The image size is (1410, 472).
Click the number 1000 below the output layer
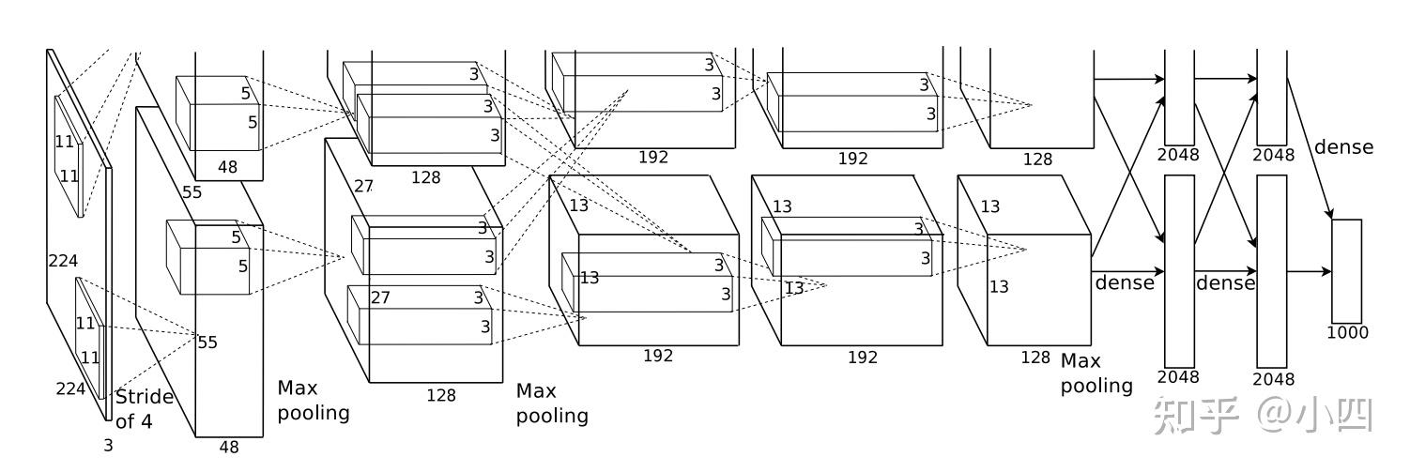(x=1347, y=332)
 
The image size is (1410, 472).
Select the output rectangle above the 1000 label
(x=1346, y=271)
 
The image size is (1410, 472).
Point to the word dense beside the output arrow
(x=1343, y=147)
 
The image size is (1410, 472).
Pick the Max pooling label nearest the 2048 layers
(x=1096, y=373)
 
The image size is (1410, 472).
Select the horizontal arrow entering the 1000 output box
(x=1310, y=272)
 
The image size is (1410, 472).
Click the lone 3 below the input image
(x=108, y=446)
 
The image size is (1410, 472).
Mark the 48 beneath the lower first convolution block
(x=229, y=448)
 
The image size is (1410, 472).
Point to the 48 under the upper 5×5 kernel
(x=228, y=166)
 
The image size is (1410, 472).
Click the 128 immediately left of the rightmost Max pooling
(x=1035, y=358)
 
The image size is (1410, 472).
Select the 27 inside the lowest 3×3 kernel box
(x=380, y=297)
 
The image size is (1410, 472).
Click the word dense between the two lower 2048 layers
(x=1225, y=283)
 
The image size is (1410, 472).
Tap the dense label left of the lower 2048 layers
(x=1124, y=282)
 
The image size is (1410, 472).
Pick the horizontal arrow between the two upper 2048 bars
(x=1225, y=80)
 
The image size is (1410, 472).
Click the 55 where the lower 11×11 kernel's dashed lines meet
(x=207, y=343)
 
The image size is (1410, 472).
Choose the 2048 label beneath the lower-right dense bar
(x=1272, y=379)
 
